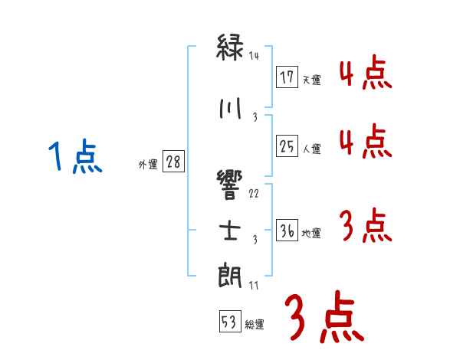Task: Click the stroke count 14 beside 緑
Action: tap(255, 56)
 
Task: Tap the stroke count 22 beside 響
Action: tap(255, 193)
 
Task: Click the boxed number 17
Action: tap(287, 77)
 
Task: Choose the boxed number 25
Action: tap(287, 146)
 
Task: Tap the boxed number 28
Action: tap(173, 162)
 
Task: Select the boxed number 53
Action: tap(229, 322)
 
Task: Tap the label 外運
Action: tap(147, 165)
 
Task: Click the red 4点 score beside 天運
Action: tap(364, 75)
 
